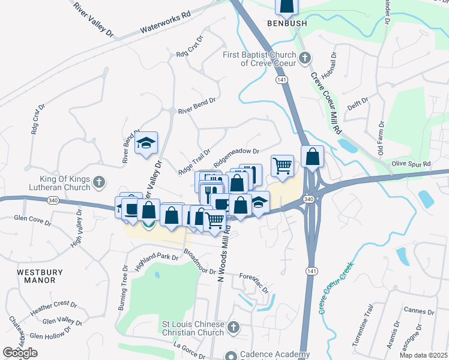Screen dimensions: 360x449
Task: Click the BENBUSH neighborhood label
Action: pyautogui.click(x=287, y=23)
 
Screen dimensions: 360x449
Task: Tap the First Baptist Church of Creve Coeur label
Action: pyautogui.click(x=259, y=59)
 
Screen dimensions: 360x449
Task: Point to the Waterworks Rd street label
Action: pyautogui.click(x=165, y=22)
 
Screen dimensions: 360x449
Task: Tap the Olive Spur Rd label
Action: pyautogui.click(x=411, y=164)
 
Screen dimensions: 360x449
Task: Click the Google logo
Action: pyautogui.click(x=20, y=353)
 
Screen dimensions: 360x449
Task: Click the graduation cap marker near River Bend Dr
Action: pyautogui.click(x=145, y=144)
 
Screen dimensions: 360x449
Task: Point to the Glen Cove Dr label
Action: pyautogui.click(x=32, y=220)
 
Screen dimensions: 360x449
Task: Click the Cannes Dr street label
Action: pyautogui.click(x=419, y=311)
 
